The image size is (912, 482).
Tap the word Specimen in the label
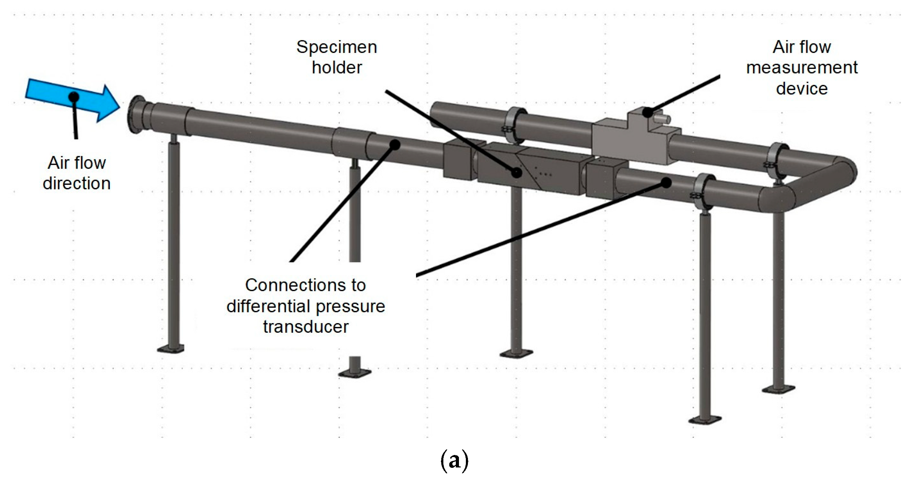(x=336, y=47)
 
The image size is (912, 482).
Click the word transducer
(x=306, y=327)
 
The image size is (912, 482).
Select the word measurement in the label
(x=802, y=68)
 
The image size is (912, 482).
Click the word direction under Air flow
(x=77, y=184)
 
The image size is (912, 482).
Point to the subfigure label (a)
(x=454, y=461)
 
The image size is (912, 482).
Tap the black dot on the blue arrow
(x=74, y=97)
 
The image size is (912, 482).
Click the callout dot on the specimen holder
(x=516, y=173)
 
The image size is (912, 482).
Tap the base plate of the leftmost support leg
(x=170, y=349)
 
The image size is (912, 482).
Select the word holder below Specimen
(x=337, y=68)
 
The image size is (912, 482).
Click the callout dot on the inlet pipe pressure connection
(x=395, y=144)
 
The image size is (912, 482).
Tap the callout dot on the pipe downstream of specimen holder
(x=666, y=182)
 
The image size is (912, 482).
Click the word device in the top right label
(x=802, y=89)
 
